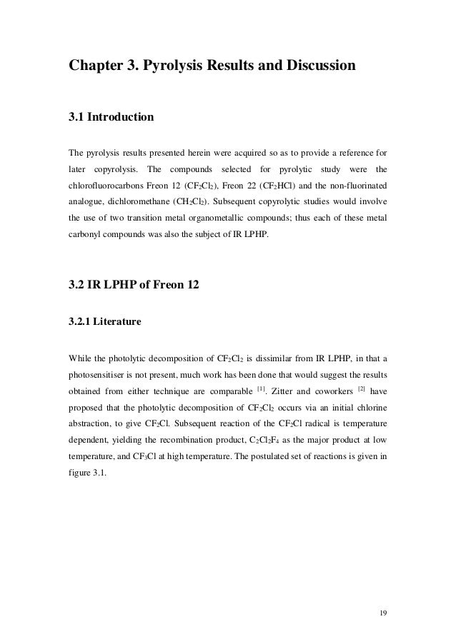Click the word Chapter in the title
click(x=96, y=66)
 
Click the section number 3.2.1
click(x=80, y=323)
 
